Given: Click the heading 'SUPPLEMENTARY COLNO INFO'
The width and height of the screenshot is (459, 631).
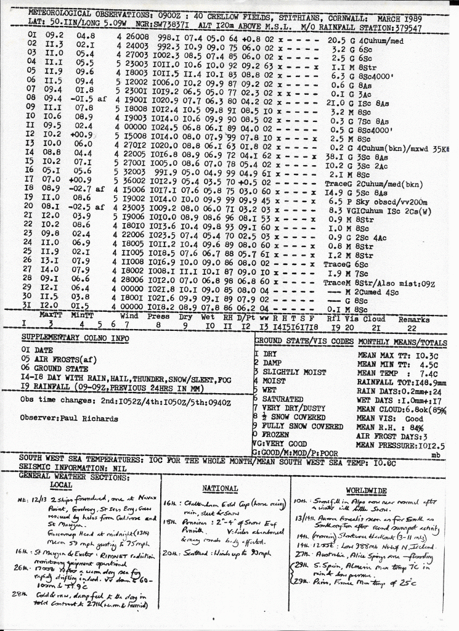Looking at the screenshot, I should click(75, 338).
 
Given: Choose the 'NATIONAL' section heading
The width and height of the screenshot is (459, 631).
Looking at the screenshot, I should click(220, 488).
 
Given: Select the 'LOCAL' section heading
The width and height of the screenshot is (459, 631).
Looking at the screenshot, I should click(61, 484).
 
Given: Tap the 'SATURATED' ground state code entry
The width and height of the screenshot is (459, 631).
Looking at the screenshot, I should click(282, 399).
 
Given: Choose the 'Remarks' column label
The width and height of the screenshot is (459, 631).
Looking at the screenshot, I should click(414, 320).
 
